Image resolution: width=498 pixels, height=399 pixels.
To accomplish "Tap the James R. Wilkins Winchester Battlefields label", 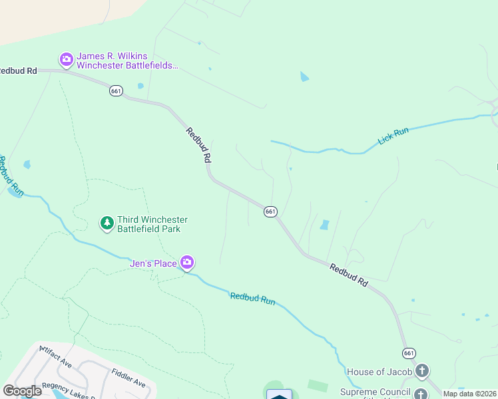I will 127,61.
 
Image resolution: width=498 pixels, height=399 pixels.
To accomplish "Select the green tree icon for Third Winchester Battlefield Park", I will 107,223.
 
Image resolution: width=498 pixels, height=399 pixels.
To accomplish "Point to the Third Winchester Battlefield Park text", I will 152,224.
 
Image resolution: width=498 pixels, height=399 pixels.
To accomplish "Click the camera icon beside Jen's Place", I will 188,263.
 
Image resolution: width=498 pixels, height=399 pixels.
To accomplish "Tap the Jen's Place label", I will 153,264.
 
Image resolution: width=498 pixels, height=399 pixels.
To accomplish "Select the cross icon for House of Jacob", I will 421,370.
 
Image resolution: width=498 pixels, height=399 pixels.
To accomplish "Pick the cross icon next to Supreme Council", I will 421,394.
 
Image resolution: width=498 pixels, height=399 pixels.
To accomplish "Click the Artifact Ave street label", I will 55,357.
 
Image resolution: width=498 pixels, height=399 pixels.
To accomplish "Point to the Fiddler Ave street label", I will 128,378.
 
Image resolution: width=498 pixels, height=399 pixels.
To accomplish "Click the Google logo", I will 23,391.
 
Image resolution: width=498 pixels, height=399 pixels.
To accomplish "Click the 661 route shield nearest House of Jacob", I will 408,352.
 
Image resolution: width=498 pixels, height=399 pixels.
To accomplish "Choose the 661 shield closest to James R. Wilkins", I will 117,91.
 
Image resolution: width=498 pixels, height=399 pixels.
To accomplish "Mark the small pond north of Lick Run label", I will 304,76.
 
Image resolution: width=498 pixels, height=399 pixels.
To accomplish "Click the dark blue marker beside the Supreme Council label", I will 280,395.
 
